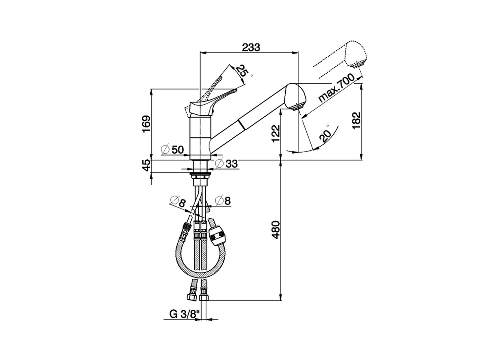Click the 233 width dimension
250,47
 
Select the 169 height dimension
146,124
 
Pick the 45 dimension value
146,165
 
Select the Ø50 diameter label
172,150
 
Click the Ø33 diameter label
226,163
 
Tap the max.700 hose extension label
336,89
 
